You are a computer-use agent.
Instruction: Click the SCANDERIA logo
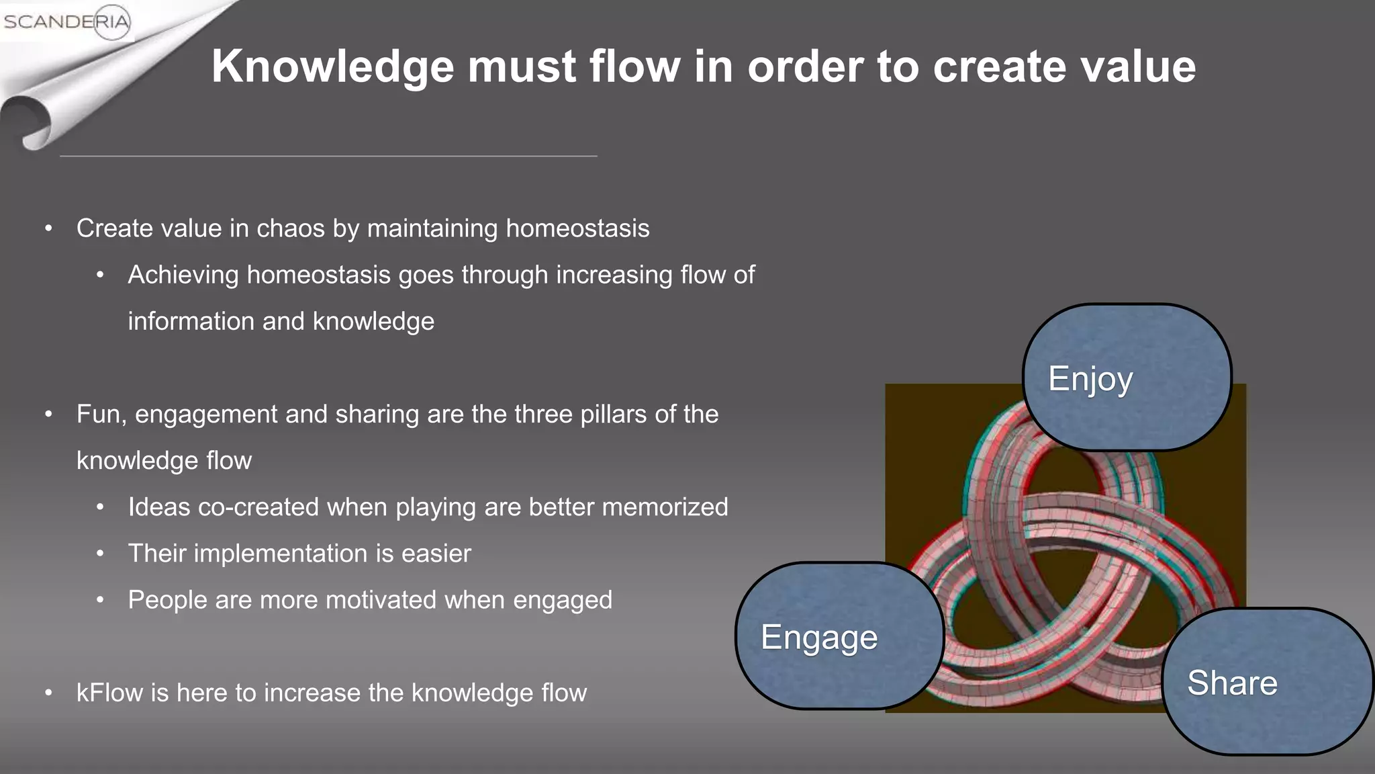pos(66,21)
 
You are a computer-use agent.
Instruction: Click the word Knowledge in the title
pos(333,67)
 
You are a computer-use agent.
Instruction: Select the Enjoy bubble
pos(1127,378)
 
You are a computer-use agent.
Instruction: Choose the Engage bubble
pos(839,636)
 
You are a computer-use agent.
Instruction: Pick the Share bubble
pos(1266,682)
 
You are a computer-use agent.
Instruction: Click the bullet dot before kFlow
pos(48,693)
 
